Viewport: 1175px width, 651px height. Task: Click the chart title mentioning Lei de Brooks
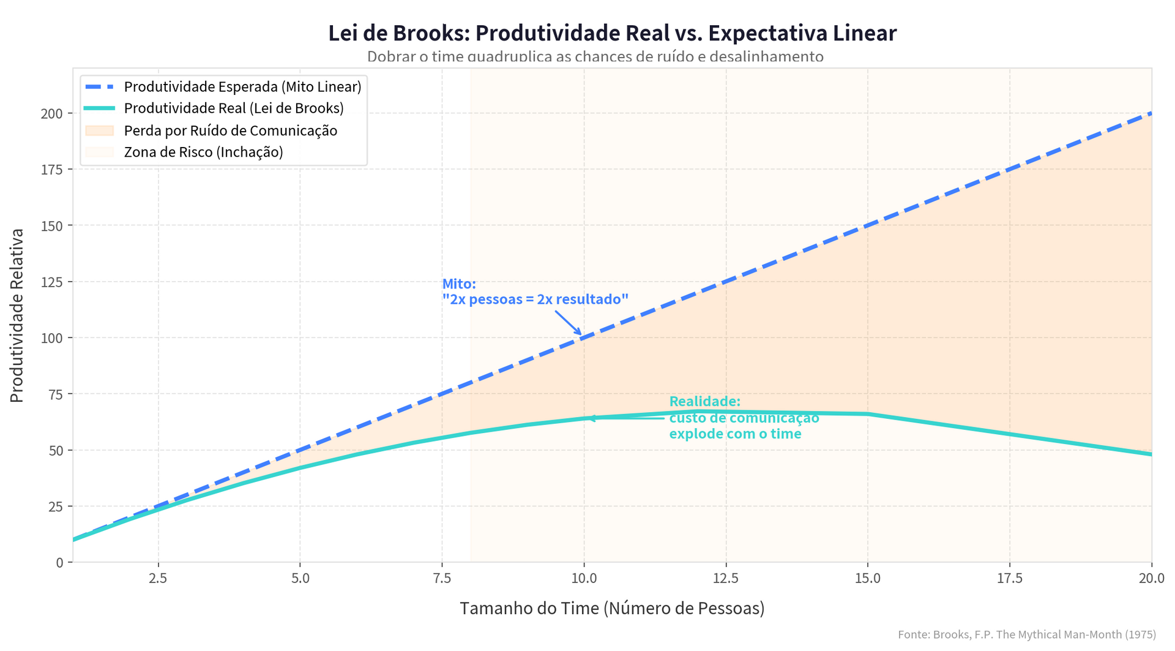tap(612, 33)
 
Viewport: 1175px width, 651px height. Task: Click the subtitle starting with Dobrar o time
tap(595, 57)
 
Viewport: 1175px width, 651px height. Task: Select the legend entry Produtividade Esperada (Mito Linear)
tap(242, 86)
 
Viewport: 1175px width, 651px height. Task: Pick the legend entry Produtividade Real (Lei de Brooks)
tap(234, 108)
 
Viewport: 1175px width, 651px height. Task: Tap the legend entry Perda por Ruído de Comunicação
tap(230, 130)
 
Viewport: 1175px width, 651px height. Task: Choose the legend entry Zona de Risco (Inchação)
tap(203, 152)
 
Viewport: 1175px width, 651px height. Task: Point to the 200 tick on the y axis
tap(52, 113)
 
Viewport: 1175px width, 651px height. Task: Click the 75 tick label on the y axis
tap(55, 394)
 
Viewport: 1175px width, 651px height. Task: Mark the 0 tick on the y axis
tap(59, 562)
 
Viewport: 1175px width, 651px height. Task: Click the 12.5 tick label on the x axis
tap(726, 578)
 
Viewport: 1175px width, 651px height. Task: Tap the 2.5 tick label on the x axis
tap(159, 578)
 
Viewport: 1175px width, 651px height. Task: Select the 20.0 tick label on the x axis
tap(1151, 578)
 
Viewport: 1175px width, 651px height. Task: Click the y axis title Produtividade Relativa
tap(17, 315)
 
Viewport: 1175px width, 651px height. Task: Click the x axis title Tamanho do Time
tap(612, 608)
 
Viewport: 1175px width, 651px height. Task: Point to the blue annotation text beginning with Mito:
tap(535, 292)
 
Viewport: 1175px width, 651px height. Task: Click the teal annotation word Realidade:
tap(704, 402)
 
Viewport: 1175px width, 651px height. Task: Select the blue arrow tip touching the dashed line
tap(581, 334)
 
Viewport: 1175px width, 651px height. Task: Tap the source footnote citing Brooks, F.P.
tap(1026, 634)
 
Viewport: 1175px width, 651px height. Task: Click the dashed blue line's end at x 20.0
tap(1151, 113)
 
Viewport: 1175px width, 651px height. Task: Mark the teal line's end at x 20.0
tap(1151, 454)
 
